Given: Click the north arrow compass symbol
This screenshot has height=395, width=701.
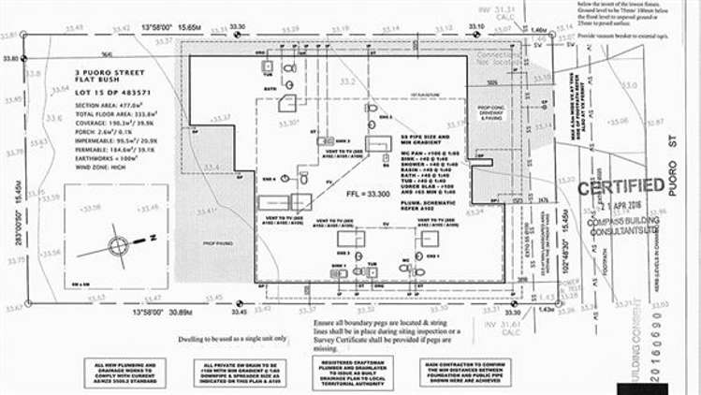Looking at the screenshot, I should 118,246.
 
